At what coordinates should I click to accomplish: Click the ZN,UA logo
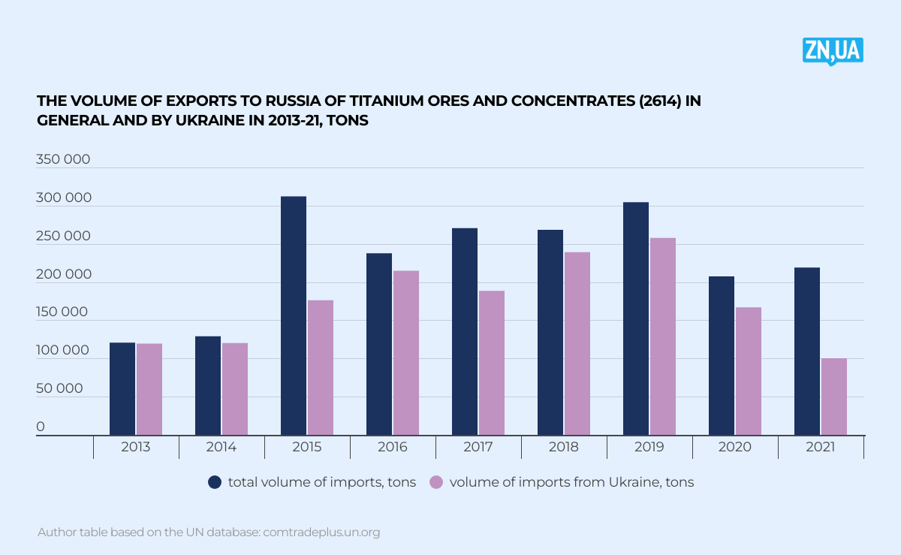pyautogui.click(x=833, y=50)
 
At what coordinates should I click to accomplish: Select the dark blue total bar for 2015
pyautogui.click(x=294, y=315)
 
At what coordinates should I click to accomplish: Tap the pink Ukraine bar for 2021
pyautogui.click(x=833, y=397)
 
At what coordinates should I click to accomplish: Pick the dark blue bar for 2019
pyautogui.click(x=636, y=318)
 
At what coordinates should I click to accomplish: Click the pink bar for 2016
pyautogui.click(x=406, y=353)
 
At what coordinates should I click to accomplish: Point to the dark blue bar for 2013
pyautogui.click(x=122, y=389)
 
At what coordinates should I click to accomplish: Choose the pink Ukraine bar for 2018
pyautogui.click(x=577, y=343)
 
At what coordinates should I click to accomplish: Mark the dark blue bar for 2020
pyautogui.click(x=722, y=355)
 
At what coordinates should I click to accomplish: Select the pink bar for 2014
pyautogui.click(x=235, y=389)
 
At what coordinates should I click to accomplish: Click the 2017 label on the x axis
pyautogui.click(x=478, y=447)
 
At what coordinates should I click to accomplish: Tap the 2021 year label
pyautogui.click(x=821, y=447)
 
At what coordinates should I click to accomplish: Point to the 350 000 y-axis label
pyautogui.click(x=63, y=159)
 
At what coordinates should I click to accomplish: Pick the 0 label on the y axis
pyautogui.click(x=41, y=427)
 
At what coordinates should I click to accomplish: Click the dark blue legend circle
pyautogui.click(x=215, y=482)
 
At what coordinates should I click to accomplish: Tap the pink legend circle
pyautogui.click(x=436, y=482)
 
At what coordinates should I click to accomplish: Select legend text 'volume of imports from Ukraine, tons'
pyautogui.click(x=571, y=482)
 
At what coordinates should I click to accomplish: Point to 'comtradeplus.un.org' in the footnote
pyautogui.click(x=321, y=532)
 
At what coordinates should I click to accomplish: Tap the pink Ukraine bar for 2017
pyautogui.click(x=492, y=363)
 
